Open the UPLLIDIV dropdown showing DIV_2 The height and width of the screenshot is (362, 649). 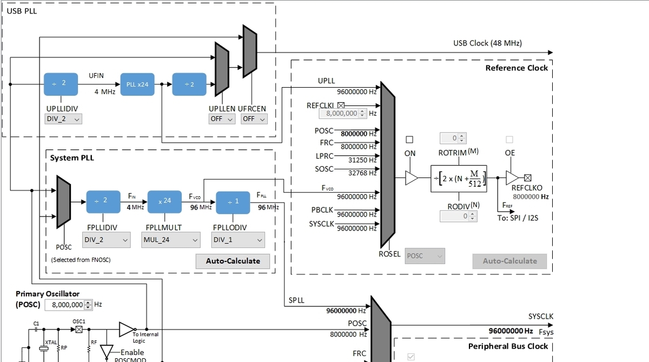coord(64,119)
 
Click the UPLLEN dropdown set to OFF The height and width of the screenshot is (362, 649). coord(222,119)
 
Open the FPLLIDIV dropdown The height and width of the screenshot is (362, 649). coord(107,240)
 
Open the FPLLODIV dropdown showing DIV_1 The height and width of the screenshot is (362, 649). coord(239,240)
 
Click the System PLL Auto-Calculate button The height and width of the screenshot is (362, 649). coord(233,261)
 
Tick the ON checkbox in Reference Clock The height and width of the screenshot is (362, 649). coord(410,139)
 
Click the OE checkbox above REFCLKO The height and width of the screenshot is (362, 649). coord(509,139)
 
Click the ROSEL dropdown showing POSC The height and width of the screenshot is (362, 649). coord(425,256)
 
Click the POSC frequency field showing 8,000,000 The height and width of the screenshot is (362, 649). coord(68,305)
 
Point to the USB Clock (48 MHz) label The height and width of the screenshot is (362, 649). coord(487,43)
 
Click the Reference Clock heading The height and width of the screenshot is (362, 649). coord(516,68)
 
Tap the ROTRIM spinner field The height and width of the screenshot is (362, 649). coord(452,139)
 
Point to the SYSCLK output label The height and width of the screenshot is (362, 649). coord(541,317)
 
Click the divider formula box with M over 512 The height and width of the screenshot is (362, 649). coord(459,178)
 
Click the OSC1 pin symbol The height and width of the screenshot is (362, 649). coord(78,330)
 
